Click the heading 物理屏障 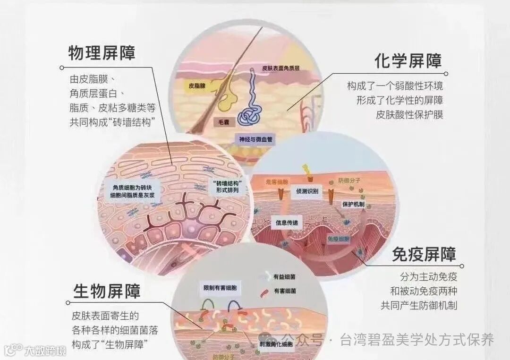[102, 52]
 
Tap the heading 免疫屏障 [424, 255]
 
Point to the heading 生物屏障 [107, 291]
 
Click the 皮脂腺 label [196, 86]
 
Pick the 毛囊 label [223, 121]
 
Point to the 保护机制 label [353, 204]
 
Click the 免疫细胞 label [339, 240]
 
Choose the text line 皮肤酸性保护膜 [409, 114]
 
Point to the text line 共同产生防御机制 [419, 305]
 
